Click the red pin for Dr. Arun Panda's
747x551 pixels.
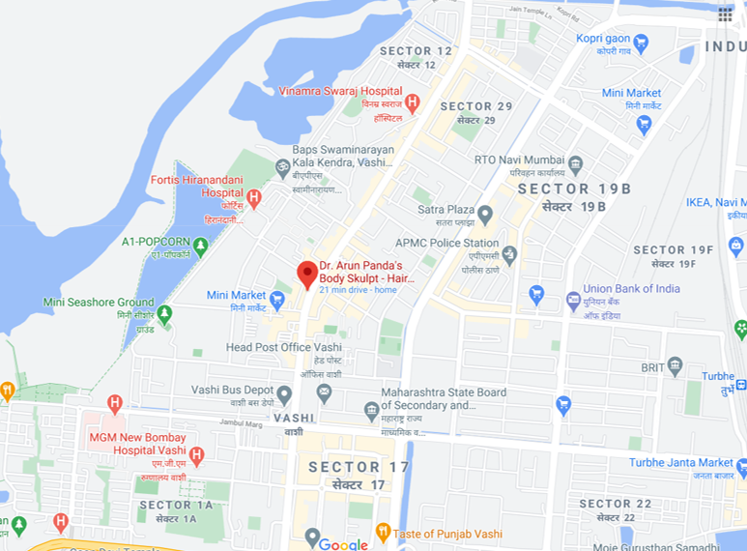click(x=307, y=273)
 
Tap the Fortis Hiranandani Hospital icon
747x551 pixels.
click(x=254, y=198)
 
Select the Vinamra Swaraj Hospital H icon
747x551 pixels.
click(x=413, y=102)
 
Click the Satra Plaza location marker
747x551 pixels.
click(x=485, y=214)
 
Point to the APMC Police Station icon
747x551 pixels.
click(x=509, y=253)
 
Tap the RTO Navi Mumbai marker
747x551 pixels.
click(x=576, y=163)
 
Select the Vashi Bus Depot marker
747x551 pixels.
click(x=284, y=394)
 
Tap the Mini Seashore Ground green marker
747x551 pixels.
click(x=165, y=314)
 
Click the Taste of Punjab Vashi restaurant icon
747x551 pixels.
click(x=383, y=532)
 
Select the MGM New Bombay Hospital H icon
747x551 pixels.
click(x=196, y=454)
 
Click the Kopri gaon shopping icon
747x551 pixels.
click(x=640, y=43)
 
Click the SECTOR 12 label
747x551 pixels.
click(x=417, y=51)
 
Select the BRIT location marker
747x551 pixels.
click(x=675, y=366)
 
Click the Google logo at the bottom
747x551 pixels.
click(x=343, y=544)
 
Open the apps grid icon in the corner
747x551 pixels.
click(x=726, y=14)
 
